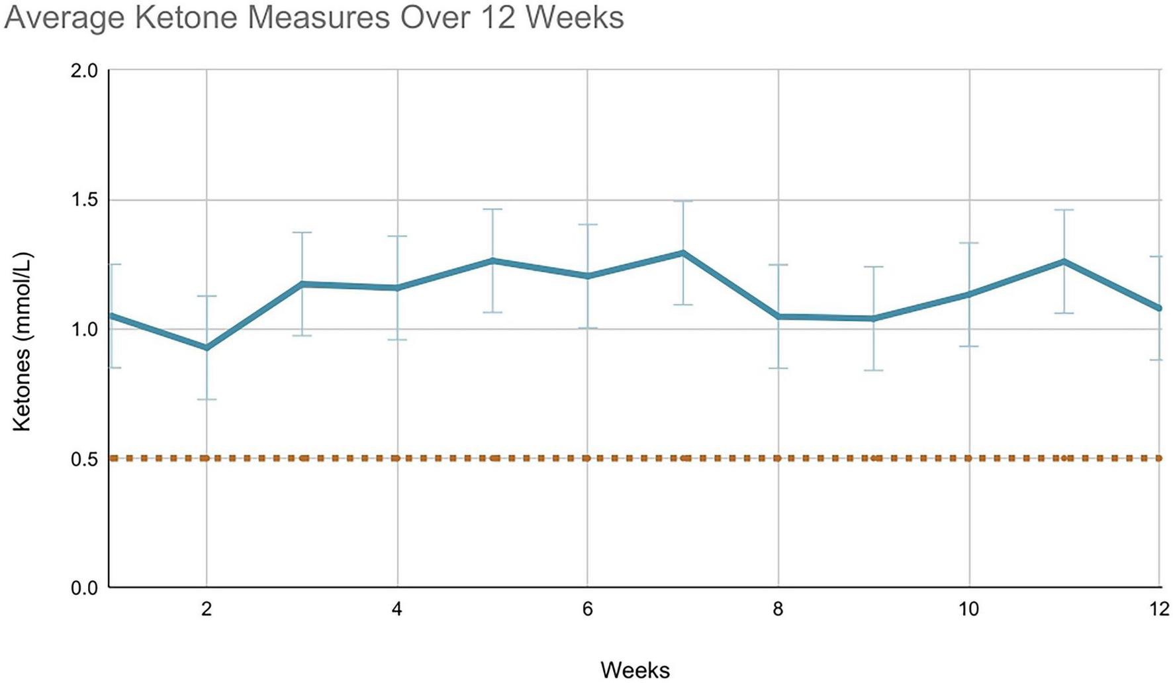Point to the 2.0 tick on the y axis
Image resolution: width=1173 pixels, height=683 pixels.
[x=83, y=70]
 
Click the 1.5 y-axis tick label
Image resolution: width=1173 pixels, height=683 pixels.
[x=83, y=199]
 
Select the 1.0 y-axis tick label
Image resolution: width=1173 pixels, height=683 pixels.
[x=83, y=329]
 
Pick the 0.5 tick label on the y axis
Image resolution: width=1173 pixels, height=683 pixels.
[x=83, y=458]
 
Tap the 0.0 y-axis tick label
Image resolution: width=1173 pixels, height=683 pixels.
[x=83, y=588]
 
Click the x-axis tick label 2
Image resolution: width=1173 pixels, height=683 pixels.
[x=207, y=609]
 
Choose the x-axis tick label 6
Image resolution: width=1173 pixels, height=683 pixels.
[x=588, y=609]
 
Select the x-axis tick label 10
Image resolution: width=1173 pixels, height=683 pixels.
[x=969, y=609]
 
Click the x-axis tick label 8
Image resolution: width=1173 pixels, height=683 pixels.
[x=778, y=609]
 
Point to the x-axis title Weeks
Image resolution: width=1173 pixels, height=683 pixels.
[x=635, y=670]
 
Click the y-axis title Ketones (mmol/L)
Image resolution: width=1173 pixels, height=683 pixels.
[x=22, y=342]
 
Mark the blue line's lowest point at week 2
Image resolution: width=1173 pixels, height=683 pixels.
[x=207, y=348]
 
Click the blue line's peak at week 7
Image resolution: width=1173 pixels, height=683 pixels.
[x=682, y=252]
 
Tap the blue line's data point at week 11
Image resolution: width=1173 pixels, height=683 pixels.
[x=1064, y=261]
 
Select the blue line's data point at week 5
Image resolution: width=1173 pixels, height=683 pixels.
[x=493, y=260]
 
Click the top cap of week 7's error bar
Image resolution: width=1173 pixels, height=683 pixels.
[x=682, y=201]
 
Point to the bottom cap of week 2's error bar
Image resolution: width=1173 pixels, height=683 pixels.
[x=207, y=399]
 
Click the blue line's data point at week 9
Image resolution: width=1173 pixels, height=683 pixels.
[x=874, y=319]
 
